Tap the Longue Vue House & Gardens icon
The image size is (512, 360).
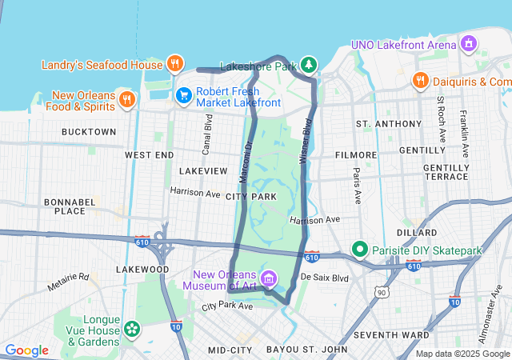point(131,328)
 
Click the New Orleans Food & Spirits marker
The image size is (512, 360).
point(126,99)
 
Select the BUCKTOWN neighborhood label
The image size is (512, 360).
point(89,131)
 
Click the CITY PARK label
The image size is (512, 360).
point(251,196)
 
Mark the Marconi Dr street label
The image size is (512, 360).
point(246,160)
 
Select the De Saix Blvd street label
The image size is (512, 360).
point(325,278)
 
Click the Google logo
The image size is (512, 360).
point(26,350)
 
